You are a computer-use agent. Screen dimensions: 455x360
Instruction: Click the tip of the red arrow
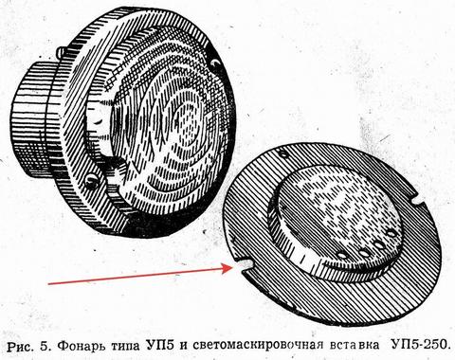pyautogui.click(x=232, y=268)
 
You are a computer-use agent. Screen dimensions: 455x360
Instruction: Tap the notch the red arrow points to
pyautogui.click(x=243, y=265)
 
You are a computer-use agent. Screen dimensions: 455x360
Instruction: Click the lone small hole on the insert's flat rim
pyautogui.click(x=283, y=154)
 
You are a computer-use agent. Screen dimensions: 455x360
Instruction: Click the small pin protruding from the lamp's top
pyautogui.click(x=61, y=51)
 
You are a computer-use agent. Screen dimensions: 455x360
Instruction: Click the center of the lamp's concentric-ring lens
pyautogui.click(x=187, y=126)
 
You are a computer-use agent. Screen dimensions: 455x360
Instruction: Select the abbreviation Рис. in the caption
pyautogui.click(x=21, y=346)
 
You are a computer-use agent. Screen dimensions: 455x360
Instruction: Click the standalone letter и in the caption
pyautogui.click(x=184, y=346)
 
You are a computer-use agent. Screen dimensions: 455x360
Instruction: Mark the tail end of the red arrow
pyautogui.click(x=48, y=283)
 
